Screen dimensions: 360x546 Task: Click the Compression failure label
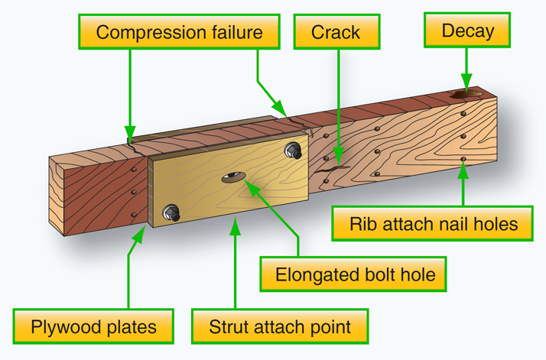pyautogui.click(x=180, y=32)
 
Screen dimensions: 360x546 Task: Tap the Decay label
pyautogui.click(x=467, y=32)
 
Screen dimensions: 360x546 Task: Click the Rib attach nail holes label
pyautogui.click(x=434, y=224)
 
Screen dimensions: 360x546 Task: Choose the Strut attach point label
pyautogui.click(x=280, y=327)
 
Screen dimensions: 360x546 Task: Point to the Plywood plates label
pyautogui.click(x=94, y=327)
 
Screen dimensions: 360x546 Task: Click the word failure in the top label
pyautogui.click(x=230, y=32)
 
